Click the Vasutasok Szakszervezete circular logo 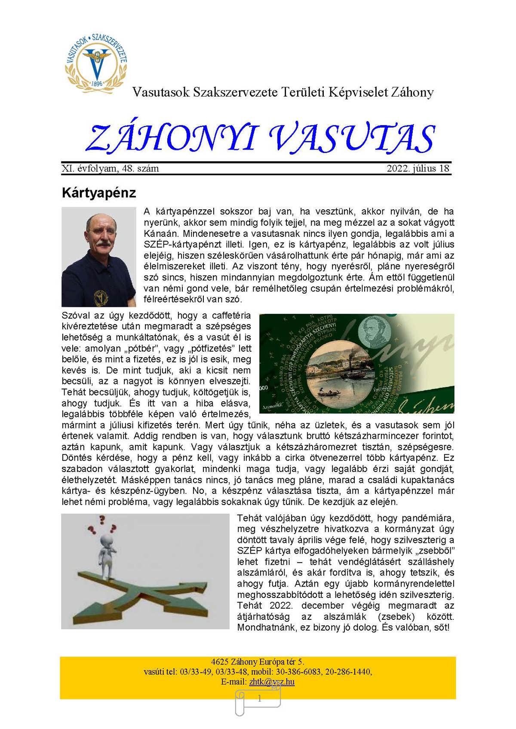pos(96,62)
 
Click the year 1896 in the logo pos(97,83)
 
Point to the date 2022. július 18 pos(418,168)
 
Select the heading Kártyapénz pos(98,192)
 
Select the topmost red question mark pos(102,520)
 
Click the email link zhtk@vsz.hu pos(271,681)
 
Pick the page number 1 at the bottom pos(259,699)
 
